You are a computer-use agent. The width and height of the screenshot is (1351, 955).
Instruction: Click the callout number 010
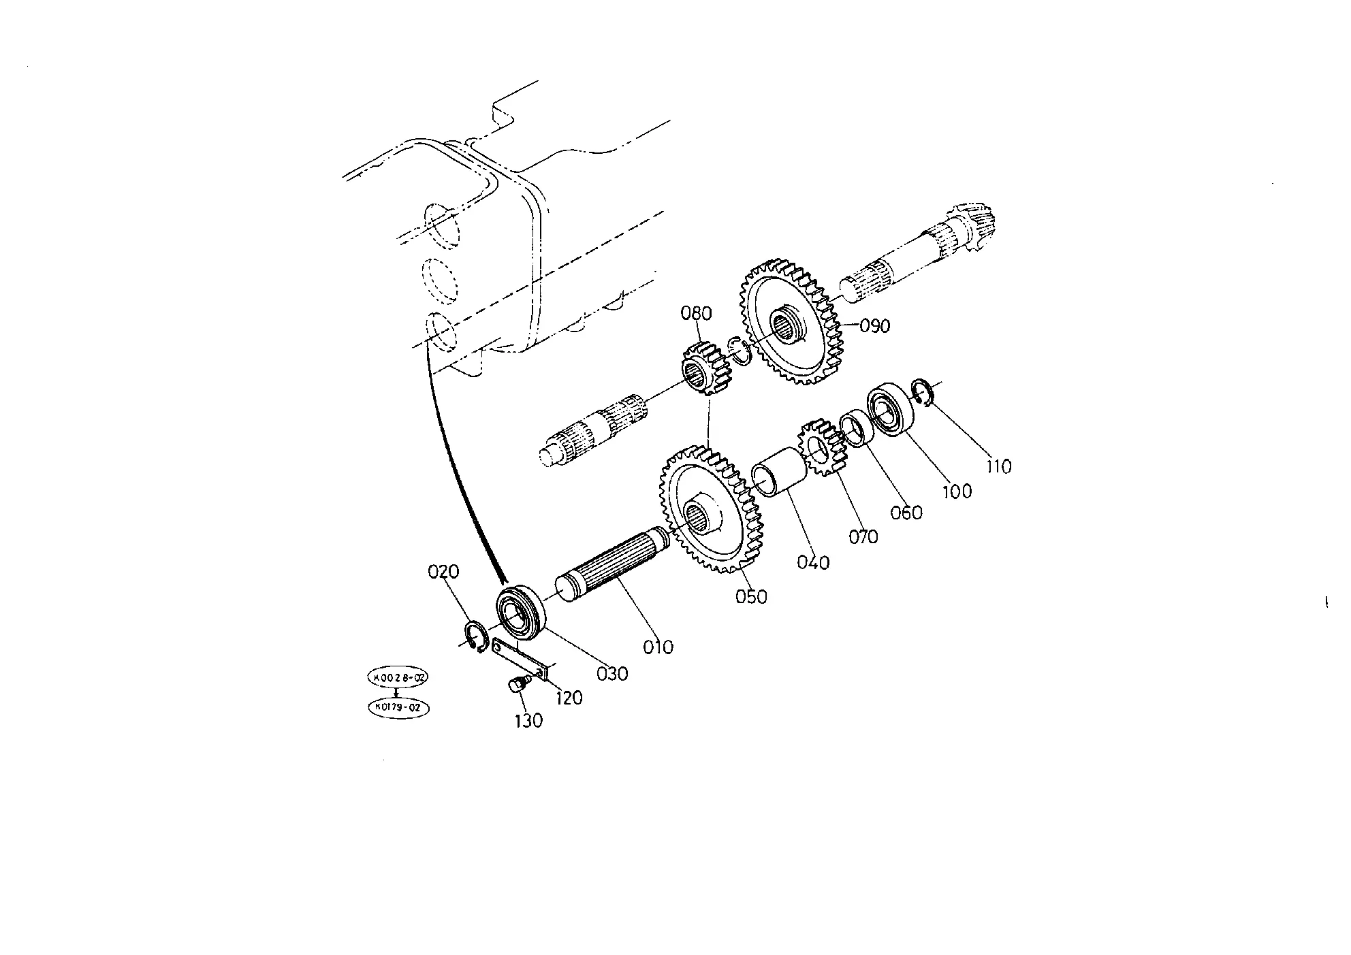point(658,647)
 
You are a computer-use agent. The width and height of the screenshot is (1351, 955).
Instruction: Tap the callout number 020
point(443,572)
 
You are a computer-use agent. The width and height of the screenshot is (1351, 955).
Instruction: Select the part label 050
point(751,597)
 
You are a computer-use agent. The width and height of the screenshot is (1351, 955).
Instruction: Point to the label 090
point(875,326)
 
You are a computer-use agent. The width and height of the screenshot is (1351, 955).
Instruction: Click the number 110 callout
point(1000,467)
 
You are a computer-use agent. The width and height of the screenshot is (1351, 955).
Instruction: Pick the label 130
point(529,721)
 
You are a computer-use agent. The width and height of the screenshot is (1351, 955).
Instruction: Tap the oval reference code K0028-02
point(398,678)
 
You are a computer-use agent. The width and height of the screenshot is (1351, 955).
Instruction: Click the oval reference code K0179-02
point(399,708)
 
